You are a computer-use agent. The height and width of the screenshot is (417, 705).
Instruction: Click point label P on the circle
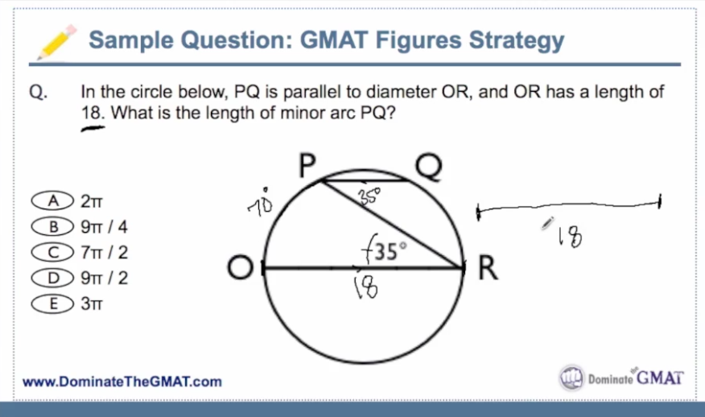click(x=306, y=166)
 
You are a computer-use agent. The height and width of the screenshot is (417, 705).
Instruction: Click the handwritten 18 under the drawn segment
click(x=569, y=236)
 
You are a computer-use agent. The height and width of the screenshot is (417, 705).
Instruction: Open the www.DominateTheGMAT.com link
click(x=122, y=381)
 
